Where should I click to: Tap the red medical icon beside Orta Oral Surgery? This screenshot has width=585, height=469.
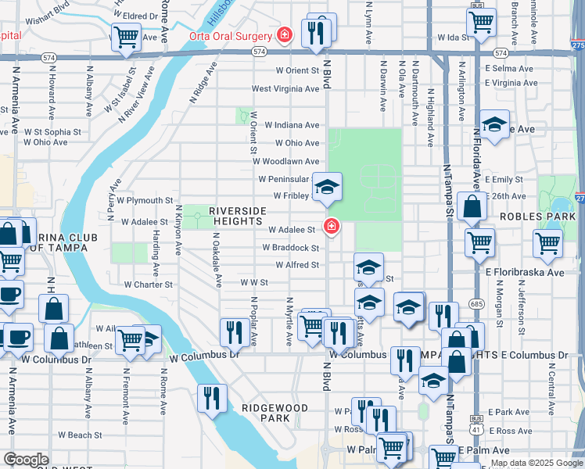(x=285, y=35)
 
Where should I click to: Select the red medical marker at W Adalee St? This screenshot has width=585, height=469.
(x=332, y=227)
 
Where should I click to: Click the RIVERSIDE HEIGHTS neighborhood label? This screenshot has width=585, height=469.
(x=238, y=217)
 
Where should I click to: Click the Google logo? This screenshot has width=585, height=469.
(x=27, y=460)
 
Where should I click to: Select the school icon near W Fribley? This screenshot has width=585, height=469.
(x=328, y=186)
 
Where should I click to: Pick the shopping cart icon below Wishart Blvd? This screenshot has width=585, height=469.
(x=125, y=36)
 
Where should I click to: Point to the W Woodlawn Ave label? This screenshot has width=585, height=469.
(x=285, y=161)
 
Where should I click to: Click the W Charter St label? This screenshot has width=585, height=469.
(x=147, y=285)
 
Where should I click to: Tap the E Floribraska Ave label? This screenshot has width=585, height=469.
(x=524, y=273)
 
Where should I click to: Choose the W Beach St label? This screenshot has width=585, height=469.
(x=81, y=435)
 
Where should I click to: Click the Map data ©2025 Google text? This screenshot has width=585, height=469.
(x=536, y=463)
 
